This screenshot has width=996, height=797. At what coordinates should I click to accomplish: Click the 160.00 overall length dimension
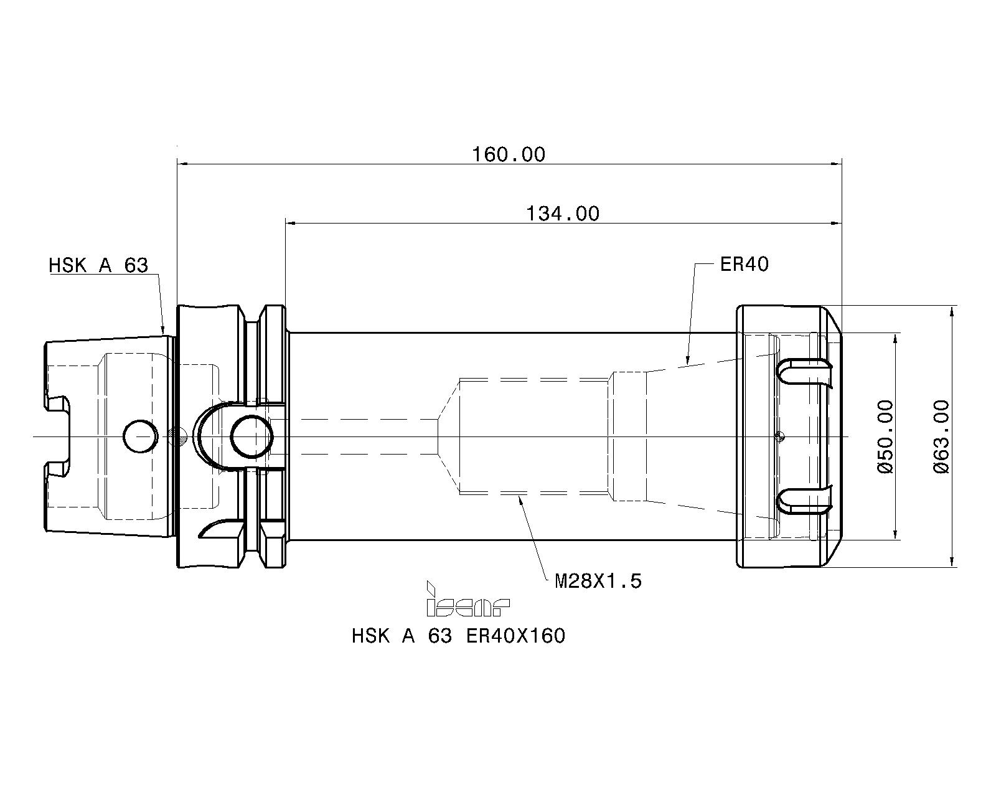(509, 154)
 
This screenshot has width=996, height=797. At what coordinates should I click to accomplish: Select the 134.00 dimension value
(563, 214)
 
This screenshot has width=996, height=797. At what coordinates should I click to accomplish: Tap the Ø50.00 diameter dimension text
(885, 436)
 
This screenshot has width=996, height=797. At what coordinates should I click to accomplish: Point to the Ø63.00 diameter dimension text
(941, 436)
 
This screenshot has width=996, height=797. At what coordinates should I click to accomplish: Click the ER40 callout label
(745, 265)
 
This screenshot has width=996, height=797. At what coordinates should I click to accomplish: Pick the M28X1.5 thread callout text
(598, 581)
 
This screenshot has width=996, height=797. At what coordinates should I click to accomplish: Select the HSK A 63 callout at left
(98, 266)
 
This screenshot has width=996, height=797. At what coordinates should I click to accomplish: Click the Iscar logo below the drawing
(467, 599)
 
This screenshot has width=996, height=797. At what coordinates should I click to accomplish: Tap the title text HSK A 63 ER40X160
(458, 636)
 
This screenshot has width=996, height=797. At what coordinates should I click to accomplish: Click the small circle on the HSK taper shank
(140, 436)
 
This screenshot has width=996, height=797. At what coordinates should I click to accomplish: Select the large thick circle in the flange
(251, 436)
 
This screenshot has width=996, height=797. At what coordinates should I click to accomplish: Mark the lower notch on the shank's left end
(57, 469)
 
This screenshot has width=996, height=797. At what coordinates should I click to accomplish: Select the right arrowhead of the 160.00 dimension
(836, 164)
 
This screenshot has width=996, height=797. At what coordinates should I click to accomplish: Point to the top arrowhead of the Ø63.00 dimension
(952, 312)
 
